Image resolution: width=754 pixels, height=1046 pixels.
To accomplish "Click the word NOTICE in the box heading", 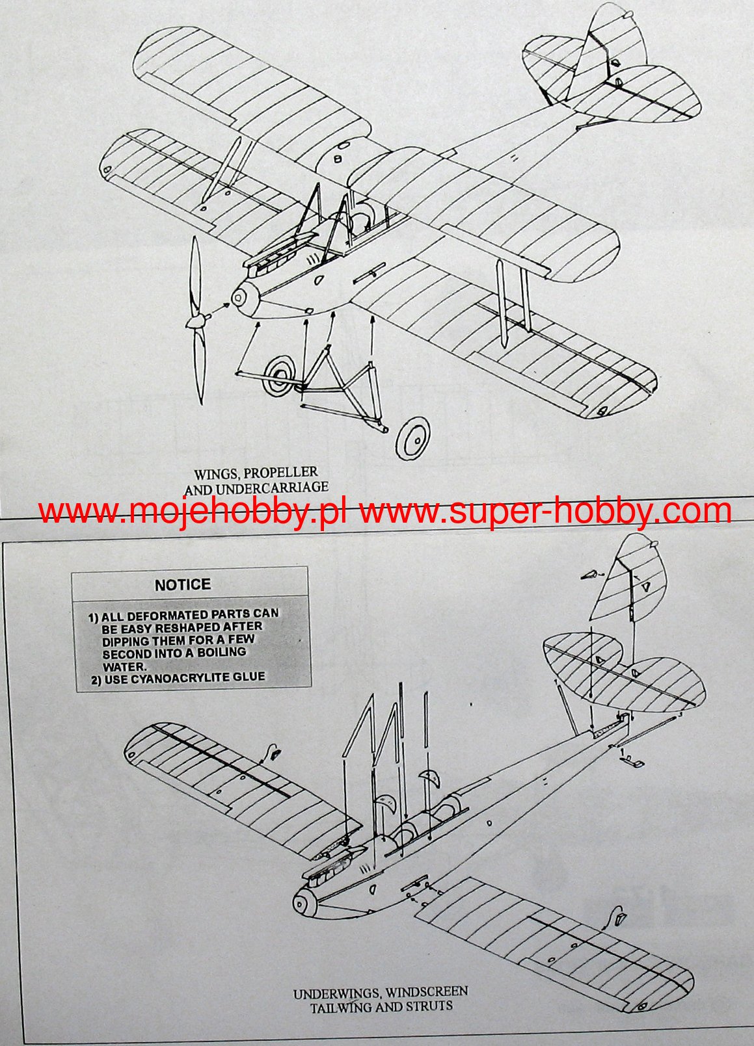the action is click(x=183, y=584).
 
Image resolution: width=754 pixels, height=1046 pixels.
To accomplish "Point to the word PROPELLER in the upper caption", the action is click(x=281, y=473).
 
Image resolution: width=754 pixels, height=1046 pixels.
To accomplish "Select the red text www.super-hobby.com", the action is click(x=545, y=512).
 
